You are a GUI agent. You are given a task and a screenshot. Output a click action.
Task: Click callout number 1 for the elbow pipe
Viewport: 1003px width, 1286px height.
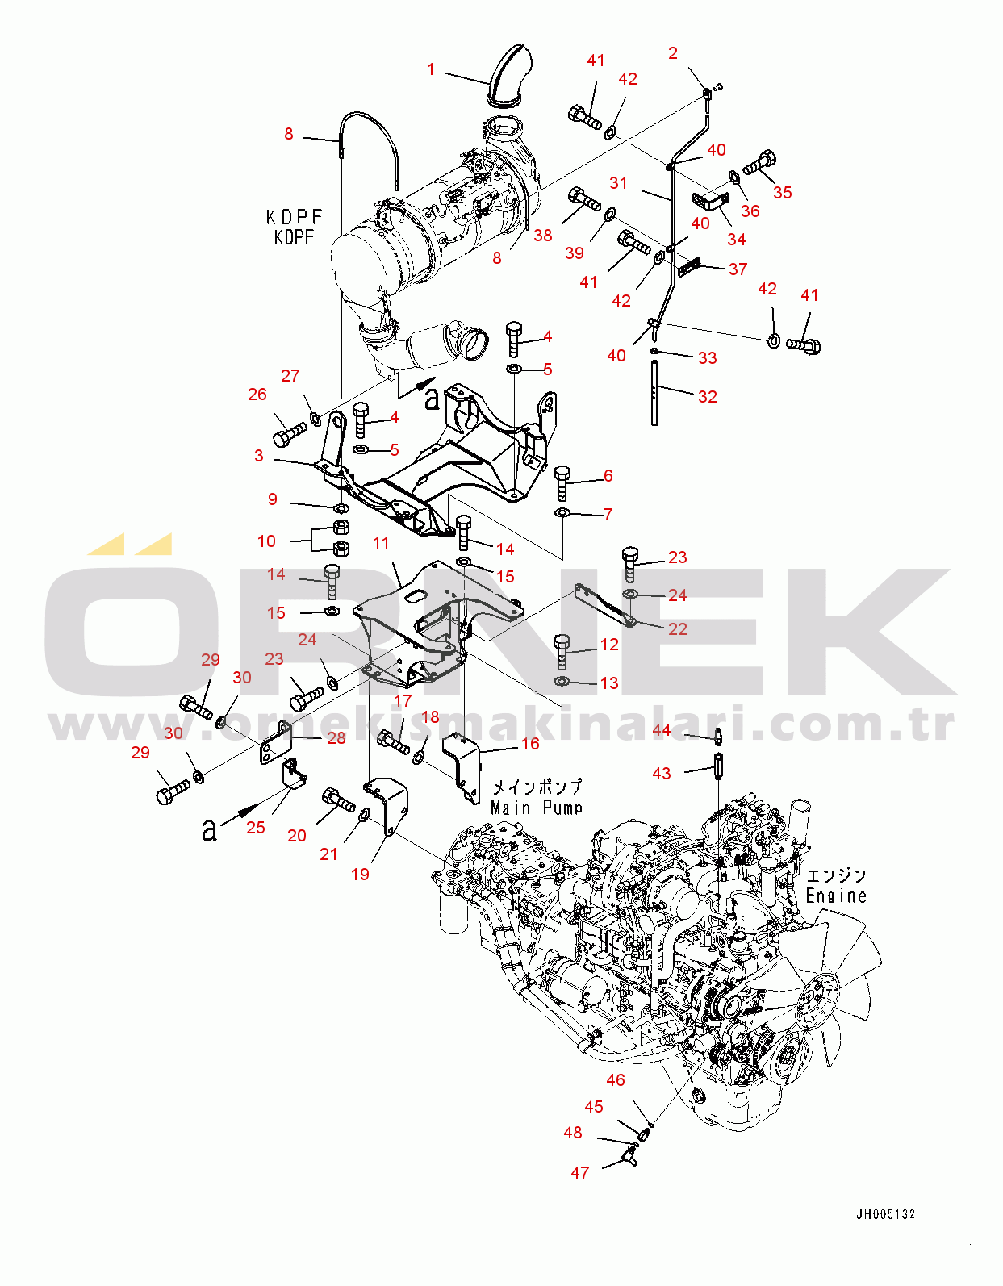[431, 70]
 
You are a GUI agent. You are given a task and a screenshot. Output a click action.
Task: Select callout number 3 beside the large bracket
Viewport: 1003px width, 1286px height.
[259, 456]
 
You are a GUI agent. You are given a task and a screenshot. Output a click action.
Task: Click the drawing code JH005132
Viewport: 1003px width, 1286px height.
[886, 1215]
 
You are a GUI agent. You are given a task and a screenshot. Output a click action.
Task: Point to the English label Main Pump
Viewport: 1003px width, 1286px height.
[537, 808]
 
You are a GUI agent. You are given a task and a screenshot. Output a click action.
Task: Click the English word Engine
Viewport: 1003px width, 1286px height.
[836, 896]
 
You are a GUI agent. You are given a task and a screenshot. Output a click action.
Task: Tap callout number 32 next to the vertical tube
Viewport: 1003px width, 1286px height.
[708, 396]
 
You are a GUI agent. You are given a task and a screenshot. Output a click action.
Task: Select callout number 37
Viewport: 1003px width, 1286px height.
[738, 269]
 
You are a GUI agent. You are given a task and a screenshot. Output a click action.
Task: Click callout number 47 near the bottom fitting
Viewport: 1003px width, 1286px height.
[580, 1173]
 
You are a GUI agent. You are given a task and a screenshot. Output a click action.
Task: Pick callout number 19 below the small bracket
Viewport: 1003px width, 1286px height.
[361, 874]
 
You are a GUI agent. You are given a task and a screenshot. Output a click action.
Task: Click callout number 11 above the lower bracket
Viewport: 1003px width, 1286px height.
[381, 543]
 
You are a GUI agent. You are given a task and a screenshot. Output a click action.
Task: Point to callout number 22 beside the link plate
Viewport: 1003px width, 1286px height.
[678, 628]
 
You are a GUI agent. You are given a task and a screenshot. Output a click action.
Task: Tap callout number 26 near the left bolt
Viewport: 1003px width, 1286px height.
[257, 395]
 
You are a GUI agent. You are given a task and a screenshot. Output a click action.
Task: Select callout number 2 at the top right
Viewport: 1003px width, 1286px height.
[673, 53]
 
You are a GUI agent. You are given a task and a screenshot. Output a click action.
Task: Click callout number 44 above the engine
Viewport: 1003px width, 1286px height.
[662, 730]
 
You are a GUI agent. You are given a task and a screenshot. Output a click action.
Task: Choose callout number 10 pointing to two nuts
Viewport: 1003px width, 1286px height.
[266, 541]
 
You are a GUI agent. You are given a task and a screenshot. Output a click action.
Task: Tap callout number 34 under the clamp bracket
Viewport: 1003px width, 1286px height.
[737, 239]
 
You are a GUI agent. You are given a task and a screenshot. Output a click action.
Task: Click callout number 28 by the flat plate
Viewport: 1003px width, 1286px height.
[336, 738]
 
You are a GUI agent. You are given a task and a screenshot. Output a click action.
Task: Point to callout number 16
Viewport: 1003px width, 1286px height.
[530, 744]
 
